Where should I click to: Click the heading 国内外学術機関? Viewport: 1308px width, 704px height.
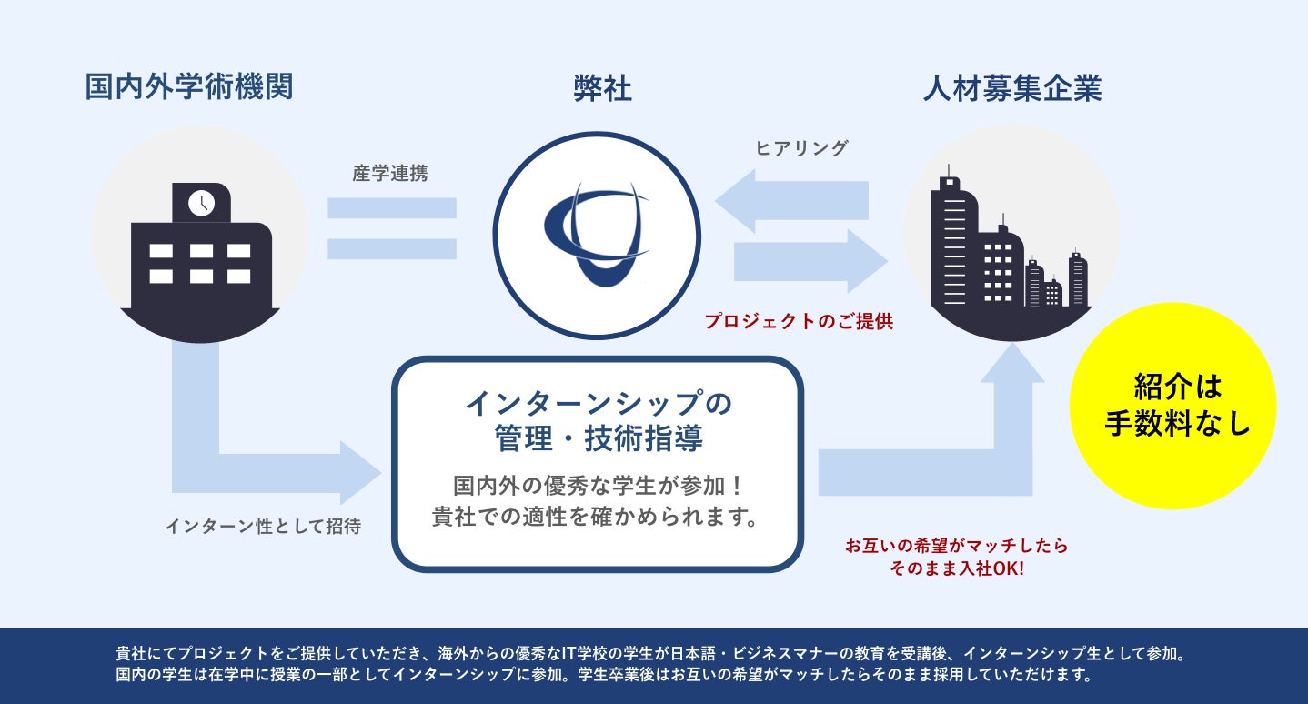point(188,88)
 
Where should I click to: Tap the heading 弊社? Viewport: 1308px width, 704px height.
point(602,88)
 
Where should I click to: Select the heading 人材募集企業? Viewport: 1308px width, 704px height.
point(1011,88)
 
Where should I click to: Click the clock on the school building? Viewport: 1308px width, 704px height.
point(201,202)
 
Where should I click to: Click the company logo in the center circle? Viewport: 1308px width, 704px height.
point(597,235)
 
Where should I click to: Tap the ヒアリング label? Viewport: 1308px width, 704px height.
point(801,148)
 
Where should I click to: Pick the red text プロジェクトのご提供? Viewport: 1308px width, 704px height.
point(799,321)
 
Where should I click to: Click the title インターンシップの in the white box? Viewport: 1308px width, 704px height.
point(598,402)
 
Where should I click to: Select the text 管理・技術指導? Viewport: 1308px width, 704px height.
point(598,438)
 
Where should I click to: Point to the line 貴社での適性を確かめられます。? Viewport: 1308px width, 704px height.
point(597,518)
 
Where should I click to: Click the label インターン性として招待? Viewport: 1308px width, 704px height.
point(263,527)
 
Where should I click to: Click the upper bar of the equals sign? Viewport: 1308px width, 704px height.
point(391,208)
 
